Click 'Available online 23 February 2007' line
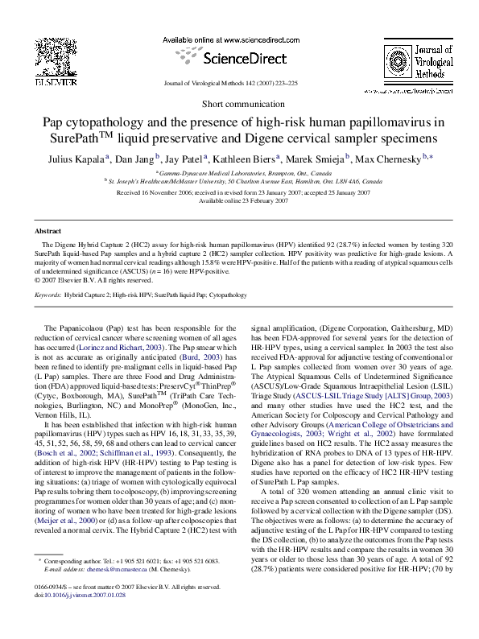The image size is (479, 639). click(x=239, y=201)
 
